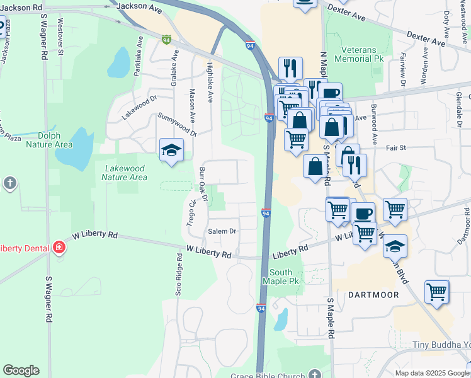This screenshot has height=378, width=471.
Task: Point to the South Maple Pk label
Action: (281, 277)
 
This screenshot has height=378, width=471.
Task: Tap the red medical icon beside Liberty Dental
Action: (59, 247)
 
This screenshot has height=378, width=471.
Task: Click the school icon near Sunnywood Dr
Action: (170, 150)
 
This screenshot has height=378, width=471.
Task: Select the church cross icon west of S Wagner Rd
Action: (9, 183)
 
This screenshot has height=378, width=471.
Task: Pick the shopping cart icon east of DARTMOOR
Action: (436, 292)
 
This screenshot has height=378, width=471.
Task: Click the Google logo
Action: (20, 370)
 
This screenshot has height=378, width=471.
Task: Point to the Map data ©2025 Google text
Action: (432, 373)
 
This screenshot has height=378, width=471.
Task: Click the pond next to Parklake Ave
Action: (118, 62)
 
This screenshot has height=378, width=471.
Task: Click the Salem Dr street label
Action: (222, 231)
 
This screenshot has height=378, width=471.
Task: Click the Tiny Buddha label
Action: (441, 345)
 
